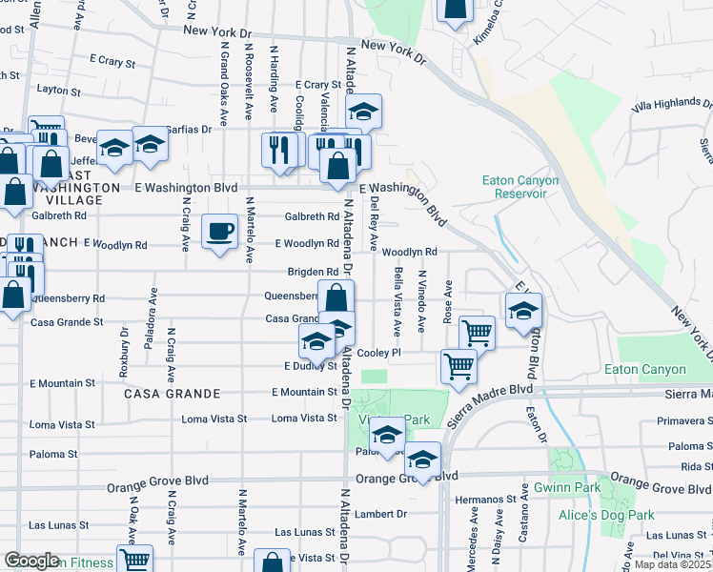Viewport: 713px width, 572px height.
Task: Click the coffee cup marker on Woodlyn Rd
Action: point(220,231)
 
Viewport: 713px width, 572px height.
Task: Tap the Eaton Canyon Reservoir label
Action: point(512,187)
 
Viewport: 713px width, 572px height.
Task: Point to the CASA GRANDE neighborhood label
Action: point(172,394)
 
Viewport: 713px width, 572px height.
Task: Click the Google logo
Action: point(31,561)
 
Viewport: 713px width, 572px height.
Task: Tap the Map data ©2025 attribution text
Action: point(672,564)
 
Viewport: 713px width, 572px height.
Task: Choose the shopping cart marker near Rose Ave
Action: point(477,334)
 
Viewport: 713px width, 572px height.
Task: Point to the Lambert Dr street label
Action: point(381,514)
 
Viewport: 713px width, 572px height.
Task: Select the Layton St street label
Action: point(58,91)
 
